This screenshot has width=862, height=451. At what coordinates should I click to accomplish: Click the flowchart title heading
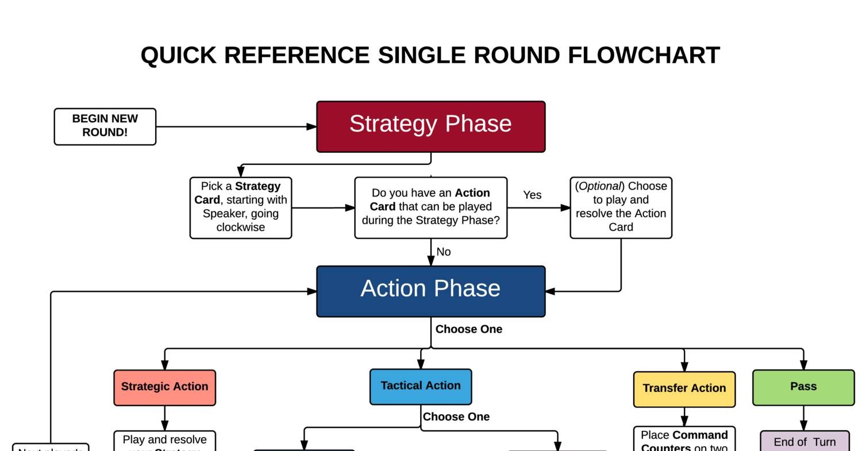[430, 56]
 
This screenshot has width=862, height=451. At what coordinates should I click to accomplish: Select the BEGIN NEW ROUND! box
[105, 126]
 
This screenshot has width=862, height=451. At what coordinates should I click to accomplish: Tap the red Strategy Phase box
[430, 126]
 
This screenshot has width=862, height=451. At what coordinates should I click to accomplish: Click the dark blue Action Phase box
[430, 291]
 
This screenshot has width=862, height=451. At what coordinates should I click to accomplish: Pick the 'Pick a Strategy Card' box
[241, 207]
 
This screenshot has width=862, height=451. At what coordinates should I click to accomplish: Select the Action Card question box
[430, 207]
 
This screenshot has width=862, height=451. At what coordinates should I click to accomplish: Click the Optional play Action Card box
[621, 207]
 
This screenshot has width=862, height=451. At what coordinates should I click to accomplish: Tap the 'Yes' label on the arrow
[532, 195]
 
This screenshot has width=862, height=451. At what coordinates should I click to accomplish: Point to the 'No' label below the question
[444, 252]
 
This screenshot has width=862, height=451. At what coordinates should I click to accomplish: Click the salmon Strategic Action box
[165, 387]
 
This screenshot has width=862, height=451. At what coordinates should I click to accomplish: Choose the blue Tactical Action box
[421, 386]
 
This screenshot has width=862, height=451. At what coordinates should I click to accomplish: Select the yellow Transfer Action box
[684, 389]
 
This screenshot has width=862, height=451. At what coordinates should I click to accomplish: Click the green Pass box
[803, 387]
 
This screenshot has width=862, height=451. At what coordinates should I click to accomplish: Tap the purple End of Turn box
[805, 442]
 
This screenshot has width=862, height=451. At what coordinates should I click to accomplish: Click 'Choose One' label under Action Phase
[468, 330]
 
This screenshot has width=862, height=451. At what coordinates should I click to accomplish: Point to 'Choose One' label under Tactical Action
[456, 417]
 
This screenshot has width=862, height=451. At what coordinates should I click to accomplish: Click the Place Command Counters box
[684, 440]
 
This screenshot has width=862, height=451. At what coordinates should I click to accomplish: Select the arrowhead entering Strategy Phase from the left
[311, 126]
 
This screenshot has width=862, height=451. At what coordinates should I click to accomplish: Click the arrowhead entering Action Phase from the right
[550, 291]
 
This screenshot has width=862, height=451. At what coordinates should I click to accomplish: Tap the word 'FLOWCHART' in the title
[644, 56]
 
